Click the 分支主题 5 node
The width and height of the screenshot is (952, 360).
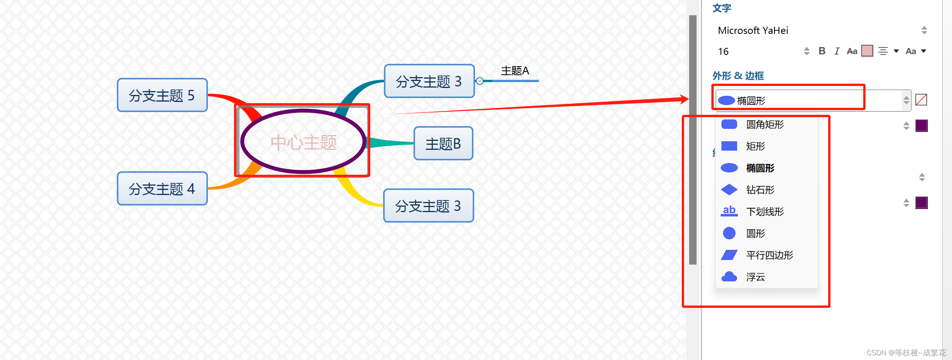click(162, 95)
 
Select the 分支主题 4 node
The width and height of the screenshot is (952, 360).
click(162, 189)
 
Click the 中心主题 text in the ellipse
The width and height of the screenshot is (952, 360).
click(303, 142)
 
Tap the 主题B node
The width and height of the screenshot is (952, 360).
click(443, 144)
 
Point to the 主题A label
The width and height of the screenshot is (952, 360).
click(515, 71)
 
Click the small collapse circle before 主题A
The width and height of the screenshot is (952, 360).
click(480, 81)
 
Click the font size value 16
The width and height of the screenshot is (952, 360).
click(723, 51)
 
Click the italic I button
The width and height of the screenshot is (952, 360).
click(836, 51)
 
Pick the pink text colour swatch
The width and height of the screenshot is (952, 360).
click(867, 51)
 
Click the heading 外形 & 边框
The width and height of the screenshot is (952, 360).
click(738, 76)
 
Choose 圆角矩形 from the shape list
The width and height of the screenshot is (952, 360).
click(765, 125)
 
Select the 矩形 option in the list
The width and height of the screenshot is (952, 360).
click(755, 146)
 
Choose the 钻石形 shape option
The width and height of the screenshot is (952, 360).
click(760, 190)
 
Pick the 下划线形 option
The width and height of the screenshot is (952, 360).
click(765, 212)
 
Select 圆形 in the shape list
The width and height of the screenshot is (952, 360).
click(755, 234)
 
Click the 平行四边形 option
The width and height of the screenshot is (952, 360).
click(769, 255)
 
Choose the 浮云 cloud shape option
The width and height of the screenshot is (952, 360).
click(755, 277)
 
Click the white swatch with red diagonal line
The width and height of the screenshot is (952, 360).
click(921, 100)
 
